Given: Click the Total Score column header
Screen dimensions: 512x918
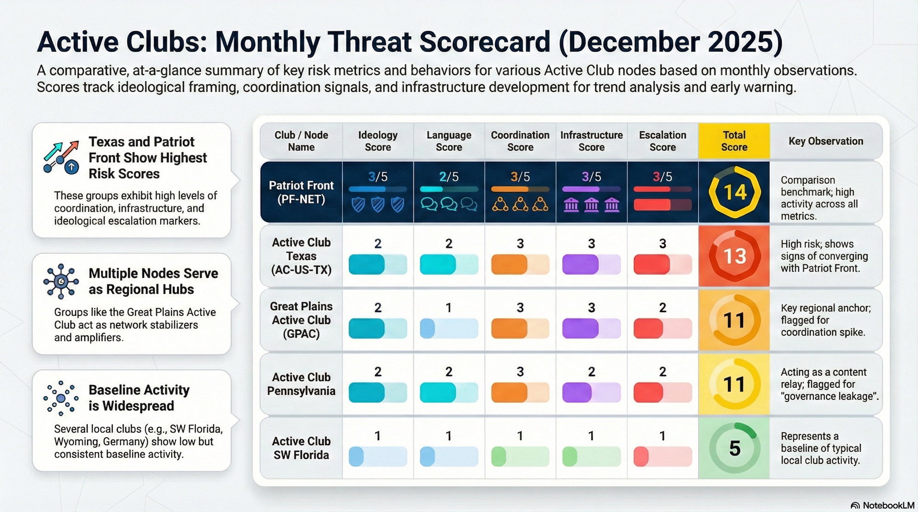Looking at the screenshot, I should click(x=734, y=141).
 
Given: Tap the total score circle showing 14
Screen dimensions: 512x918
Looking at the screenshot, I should click(x=734, y=192).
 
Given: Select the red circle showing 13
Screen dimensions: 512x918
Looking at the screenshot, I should click(x=734, y=256).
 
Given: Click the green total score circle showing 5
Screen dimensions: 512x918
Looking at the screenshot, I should click(x=734, y=448).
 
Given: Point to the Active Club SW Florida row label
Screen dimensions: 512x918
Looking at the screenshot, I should click(x=301, y=448).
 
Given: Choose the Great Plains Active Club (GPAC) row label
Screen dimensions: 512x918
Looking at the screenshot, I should click(x=301, y=320).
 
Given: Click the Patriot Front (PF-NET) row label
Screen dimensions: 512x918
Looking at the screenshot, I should click(x=301, y=192).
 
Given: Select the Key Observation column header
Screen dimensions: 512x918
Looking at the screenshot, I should click(x=826, y=141).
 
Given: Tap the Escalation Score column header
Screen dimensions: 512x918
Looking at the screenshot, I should click(x=662, y=141).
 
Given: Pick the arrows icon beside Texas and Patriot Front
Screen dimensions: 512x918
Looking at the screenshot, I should click(x=61, y=157).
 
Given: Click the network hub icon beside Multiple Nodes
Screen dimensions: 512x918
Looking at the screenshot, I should click(x=61, y=281).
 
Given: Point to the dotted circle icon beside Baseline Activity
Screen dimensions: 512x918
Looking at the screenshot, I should click(x=61, y=398).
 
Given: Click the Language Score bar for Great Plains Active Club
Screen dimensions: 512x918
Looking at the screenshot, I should click(x=449, y=328).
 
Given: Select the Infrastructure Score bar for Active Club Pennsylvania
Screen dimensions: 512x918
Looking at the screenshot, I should click(x=591, y=393).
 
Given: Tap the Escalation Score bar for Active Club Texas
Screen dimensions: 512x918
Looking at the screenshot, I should click(x=662, y=265).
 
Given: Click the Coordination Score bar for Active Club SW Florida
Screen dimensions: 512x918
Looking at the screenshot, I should click(x=520, y=457).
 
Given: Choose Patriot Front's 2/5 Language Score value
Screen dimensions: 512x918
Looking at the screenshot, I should click(x=448, y=177).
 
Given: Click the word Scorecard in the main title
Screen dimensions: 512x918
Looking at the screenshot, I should click(x=484, y=42).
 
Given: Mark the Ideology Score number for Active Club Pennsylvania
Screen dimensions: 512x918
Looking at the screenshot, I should click(x=378, y=372).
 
